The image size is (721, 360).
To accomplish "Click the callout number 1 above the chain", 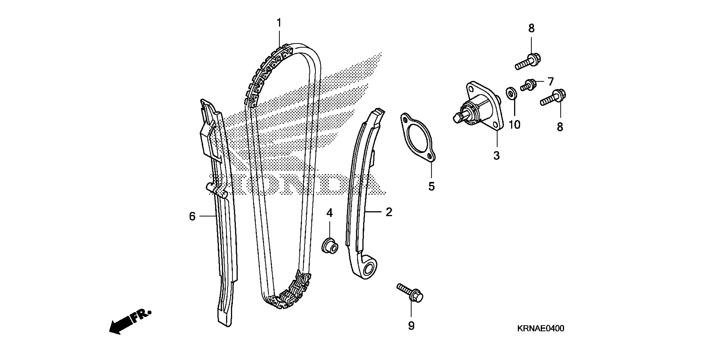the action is pos(279,23).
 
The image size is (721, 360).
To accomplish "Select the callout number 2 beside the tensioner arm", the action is pos(389,212).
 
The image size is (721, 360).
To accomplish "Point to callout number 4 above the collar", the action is pos(329,213).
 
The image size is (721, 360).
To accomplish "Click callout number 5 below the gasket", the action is pos(431,187).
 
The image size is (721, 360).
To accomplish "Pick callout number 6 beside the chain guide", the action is pos(192,216).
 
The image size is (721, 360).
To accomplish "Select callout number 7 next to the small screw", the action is pos(550,82).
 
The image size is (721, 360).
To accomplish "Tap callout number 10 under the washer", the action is pos(514,125).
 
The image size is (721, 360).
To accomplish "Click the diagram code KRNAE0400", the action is pos(540,328).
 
